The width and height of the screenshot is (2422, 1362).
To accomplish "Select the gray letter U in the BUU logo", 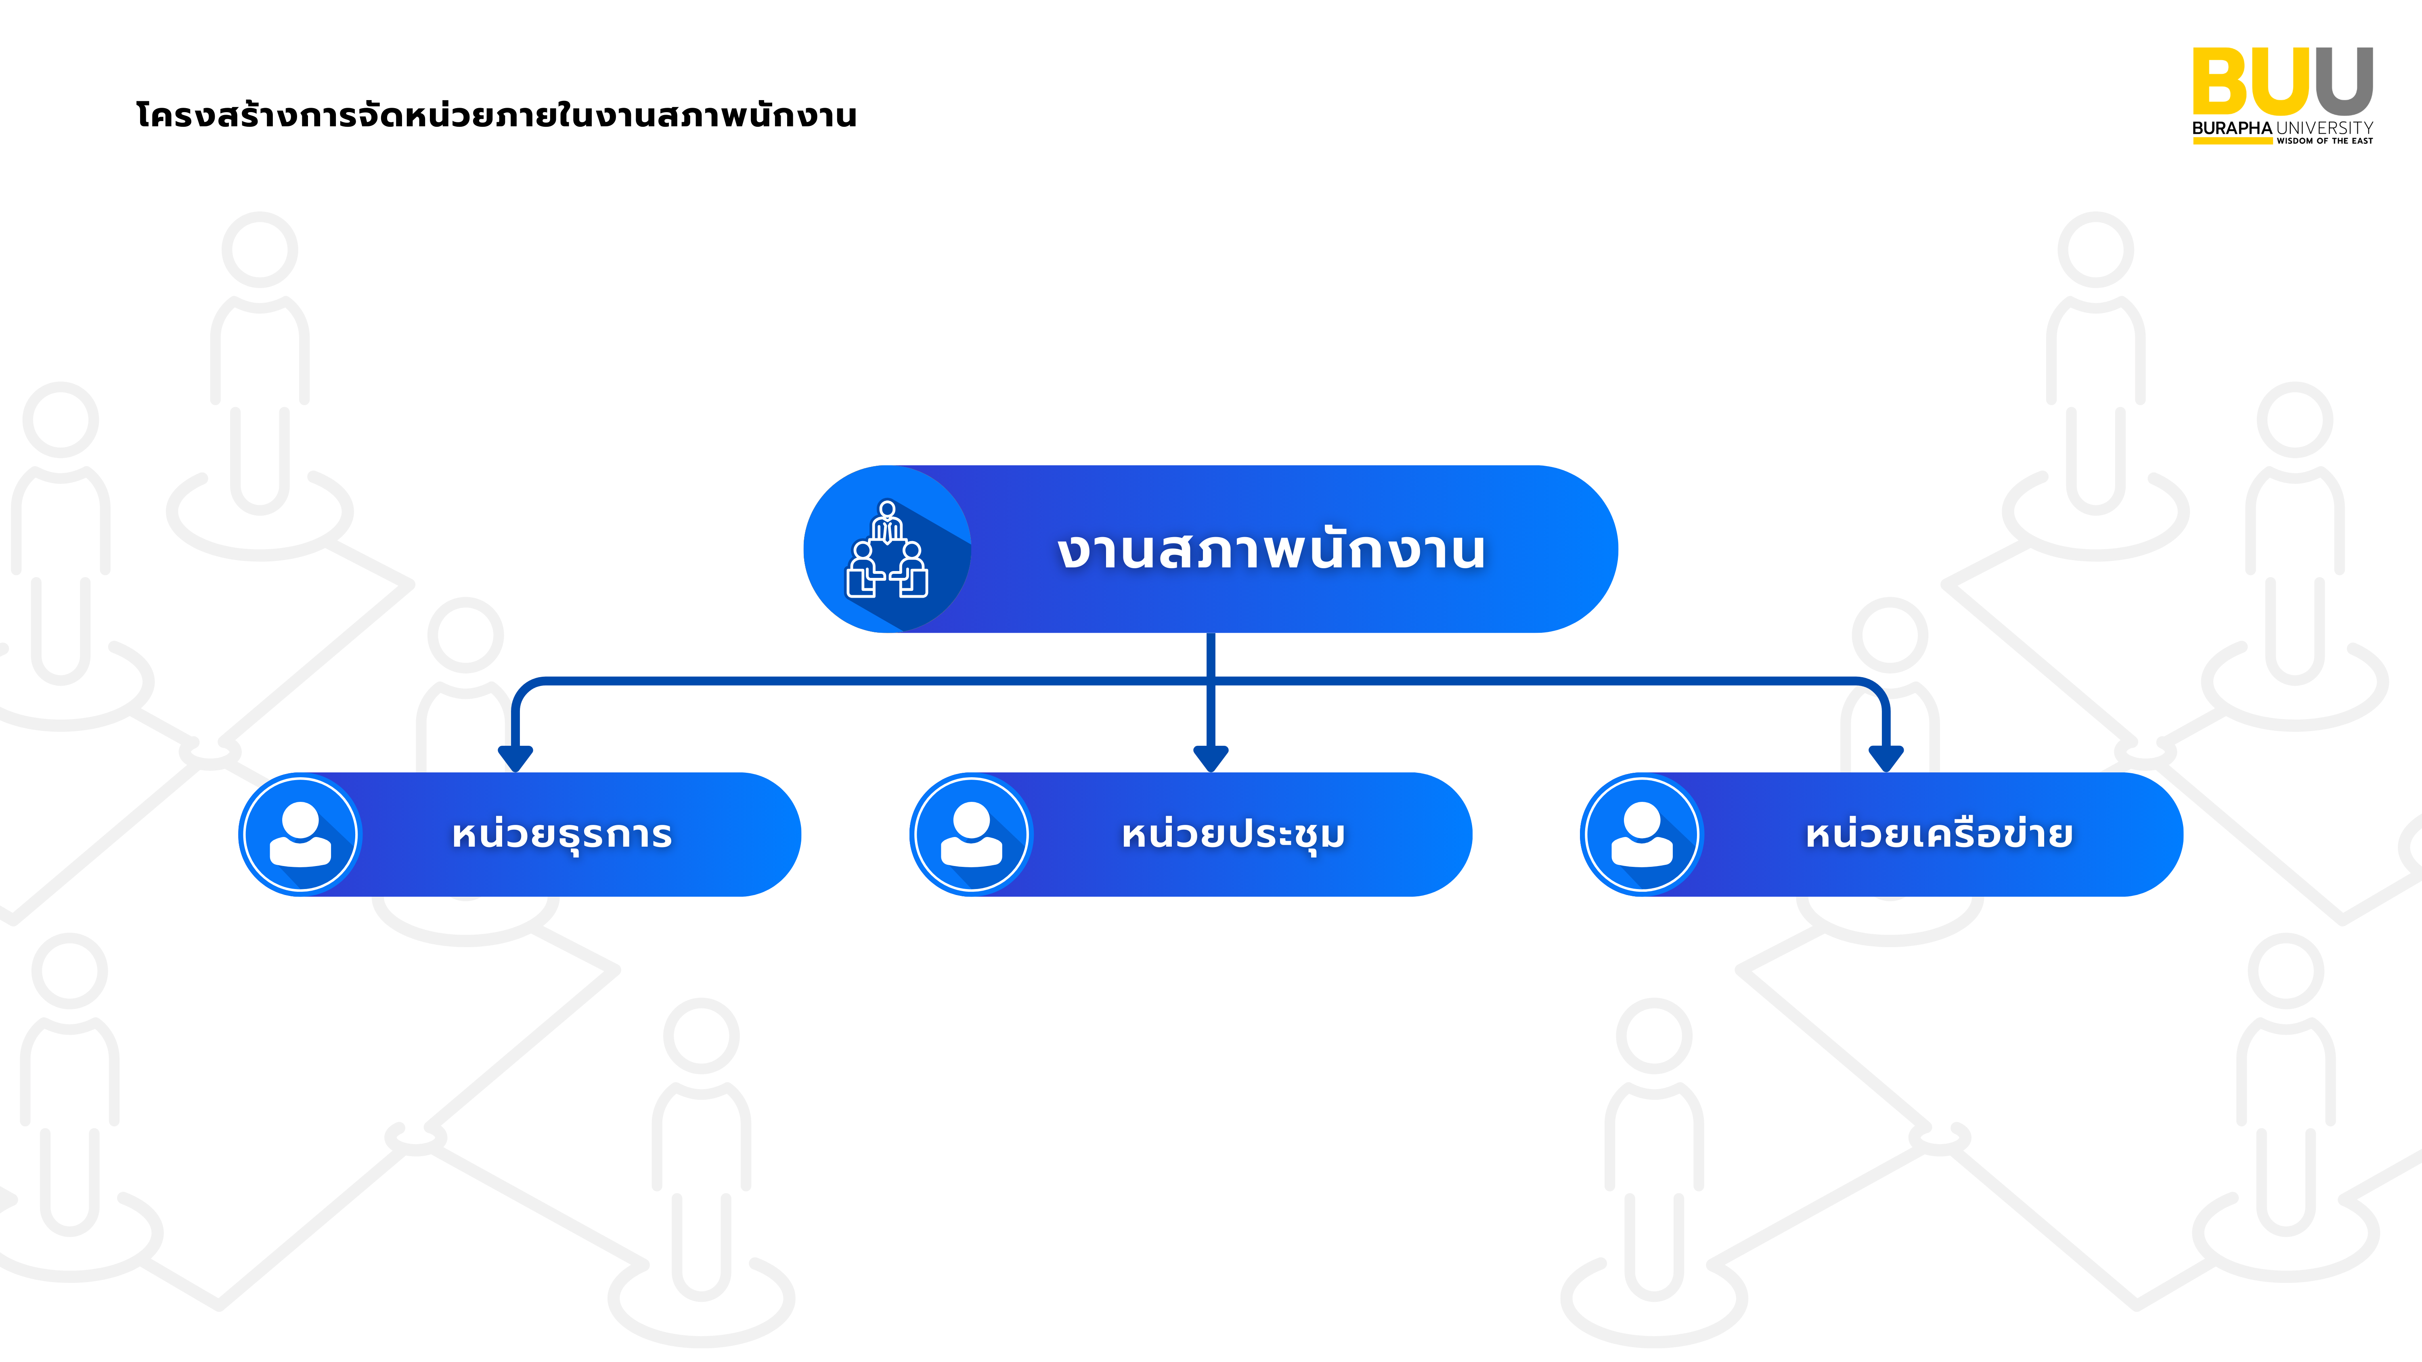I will click(2344, 82).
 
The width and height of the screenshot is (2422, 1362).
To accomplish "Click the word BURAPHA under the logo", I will click(2232, 128).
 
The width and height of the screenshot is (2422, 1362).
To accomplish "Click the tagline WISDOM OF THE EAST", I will click(2324, 141).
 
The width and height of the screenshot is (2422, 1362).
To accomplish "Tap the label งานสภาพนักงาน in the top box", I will click(1271, 550).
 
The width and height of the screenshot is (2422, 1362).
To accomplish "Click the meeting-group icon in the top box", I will click(886, 550).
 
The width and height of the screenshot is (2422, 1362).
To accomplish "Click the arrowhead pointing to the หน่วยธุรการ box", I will click(515, 757).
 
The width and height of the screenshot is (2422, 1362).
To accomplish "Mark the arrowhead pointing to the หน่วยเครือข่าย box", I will click(1886, 757).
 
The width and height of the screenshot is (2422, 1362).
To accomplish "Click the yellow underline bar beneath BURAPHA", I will click(2232, 141).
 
